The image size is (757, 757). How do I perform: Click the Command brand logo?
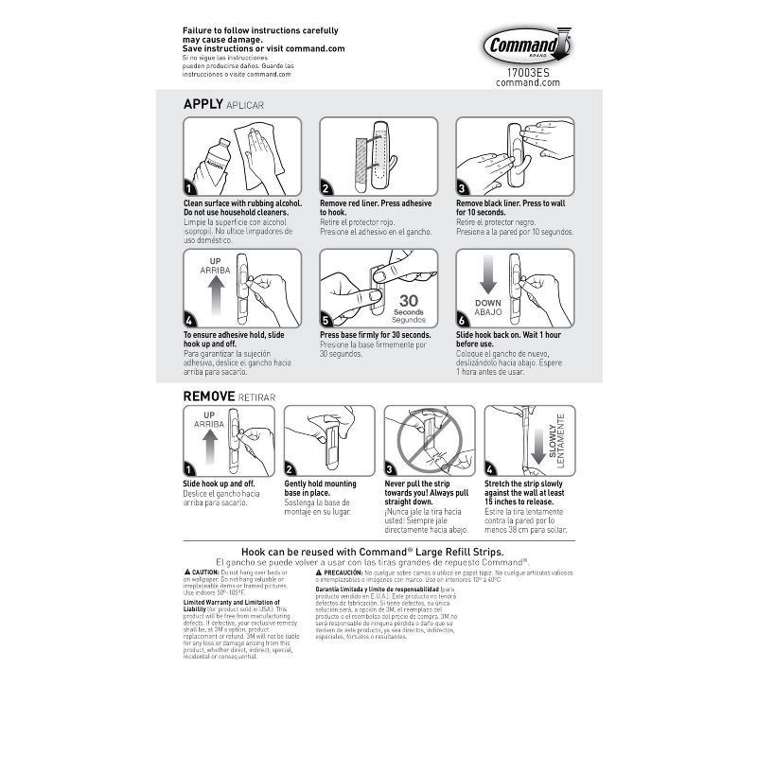point(526,45)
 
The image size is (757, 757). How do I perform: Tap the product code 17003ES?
point(528,71)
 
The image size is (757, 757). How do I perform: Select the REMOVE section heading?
point(209,396)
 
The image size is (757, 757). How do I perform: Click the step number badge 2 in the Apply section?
point(326,188)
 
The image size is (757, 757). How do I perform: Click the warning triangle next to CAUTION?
point(187,573)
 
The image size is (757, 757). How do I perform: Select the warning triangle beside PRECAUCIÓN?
point(320,573)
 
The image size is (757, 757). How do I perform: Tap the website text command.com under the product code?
point(528,82)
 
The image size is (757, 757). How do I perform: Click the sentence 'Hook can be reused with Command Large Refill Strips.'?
point(372,551)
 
